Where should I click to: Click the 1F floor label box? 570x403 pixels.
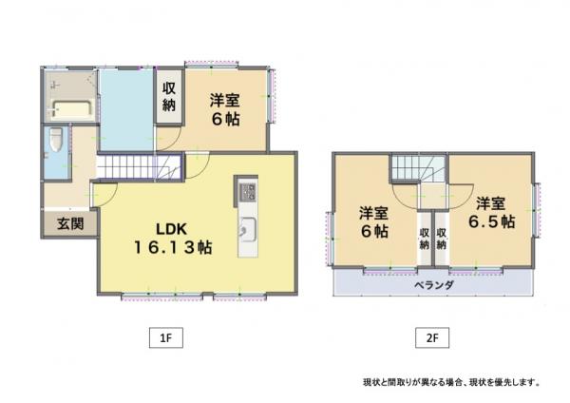[166, 338]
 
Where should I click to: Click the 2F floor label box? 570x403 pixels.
[432, 338]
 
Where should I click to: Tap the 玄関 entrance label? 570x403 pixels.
[70, 223]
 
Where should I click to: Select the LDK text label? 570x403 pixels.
[172, 229]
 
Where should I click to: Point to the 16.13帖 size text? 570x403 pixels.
[174, 247]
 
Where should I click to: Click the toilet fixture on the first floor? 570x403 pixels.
[56, 140]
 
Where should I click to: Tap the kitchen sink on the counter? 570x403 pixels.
[248, 230]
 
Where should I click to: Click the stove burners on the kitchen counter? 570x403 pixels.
[248, 192]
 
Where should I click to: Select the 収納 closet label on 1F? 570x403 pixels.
[169, 96]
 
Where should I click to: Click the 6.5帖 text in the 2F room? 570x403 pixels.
[491, 221]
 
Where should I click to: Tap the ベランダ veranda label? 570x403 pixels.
[434, 285]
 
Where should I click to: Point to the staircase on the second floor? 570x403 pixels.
[419, 168]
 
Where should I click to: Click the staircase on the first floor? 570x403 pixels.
[140, 167]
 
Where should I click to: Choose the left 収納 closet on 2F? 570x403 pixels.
[425, 239]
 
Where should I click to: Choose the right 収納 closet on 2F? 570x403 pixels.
[442, 239]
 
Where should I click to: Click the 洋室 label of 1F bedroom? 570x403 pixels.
[224, 101]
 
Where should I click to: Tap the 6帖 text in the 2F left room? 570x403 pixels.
[374, 231]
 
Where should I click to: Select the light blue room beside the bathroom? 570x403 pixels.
[126, 109]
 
